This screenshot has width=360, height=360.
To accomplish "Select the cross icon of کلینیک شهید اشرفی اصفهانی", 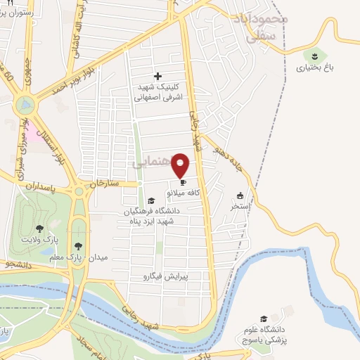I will pyautogui.click(x=157, y=76).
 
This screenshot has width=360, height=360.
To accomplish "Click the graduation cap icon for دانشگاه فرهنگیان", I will pyautogui.click(x=150, y=201).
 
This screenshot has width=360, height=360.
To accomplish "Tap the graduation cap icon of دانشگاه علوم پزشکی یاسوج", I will pyautogui.click(x=264, y=319).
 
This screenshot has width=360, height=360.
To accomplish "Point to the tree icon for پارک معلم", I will pyautogui.click(x=78, y=245).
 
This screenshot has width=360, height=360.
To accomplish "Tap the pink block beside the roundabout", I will pyautogui.click(x=34, y=131).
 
